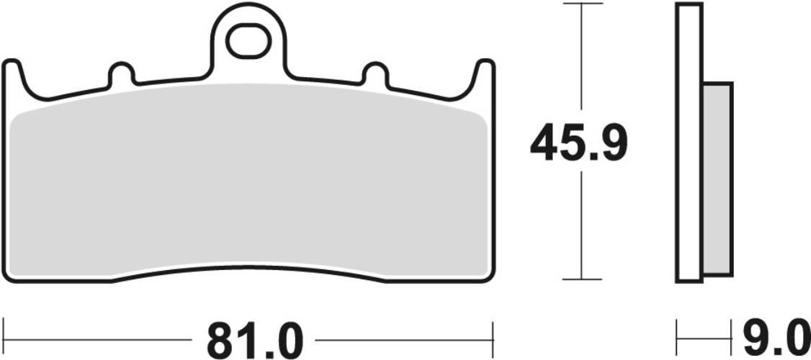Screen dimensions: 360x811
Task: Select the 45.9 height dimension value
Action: coord(579,143)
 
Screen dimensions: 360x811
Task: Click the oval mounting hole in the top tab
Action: coord(248,42)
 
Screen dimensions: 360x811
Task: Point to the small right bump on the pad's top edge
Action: coord(375,73)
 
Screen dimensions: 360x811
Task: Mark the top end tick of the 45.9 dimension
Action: coord(581,4)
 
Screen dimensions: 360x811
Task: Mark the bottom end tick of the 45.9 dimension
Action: coord(581,279)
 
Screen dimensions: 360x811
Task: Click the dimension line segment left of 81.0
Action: coord(101,338)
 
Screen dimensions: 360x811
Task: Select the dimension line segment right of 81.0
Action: coord(403,338)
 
